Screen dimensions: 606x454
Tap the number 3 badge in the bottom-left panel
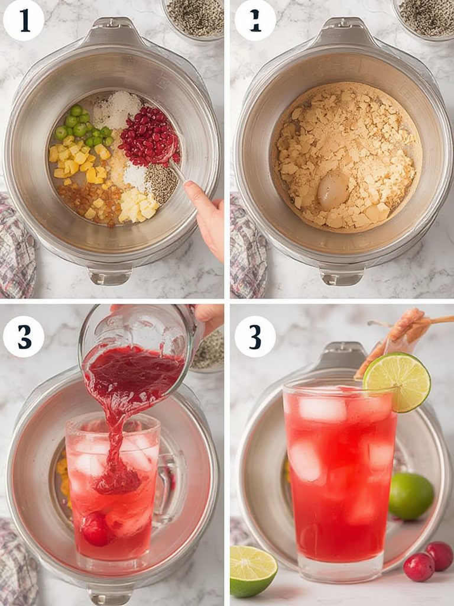pos(24,336)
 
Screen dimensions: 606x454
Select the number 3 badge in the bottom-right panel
pos(255,336)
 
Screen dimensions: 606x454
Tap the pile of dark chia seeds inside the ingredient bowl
pos(161,182)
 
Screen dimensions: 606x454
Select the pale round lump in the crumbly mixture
pos(333,190)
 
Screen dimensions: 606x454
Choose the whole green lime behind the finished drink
pos(411,495)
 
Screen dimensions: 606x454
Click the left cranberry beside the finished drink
pos(419,567)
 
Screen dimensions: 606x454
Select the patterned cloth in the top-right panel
pos(247,246)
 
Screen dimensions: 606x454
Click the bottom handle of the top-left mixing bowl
pos(110,275)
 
